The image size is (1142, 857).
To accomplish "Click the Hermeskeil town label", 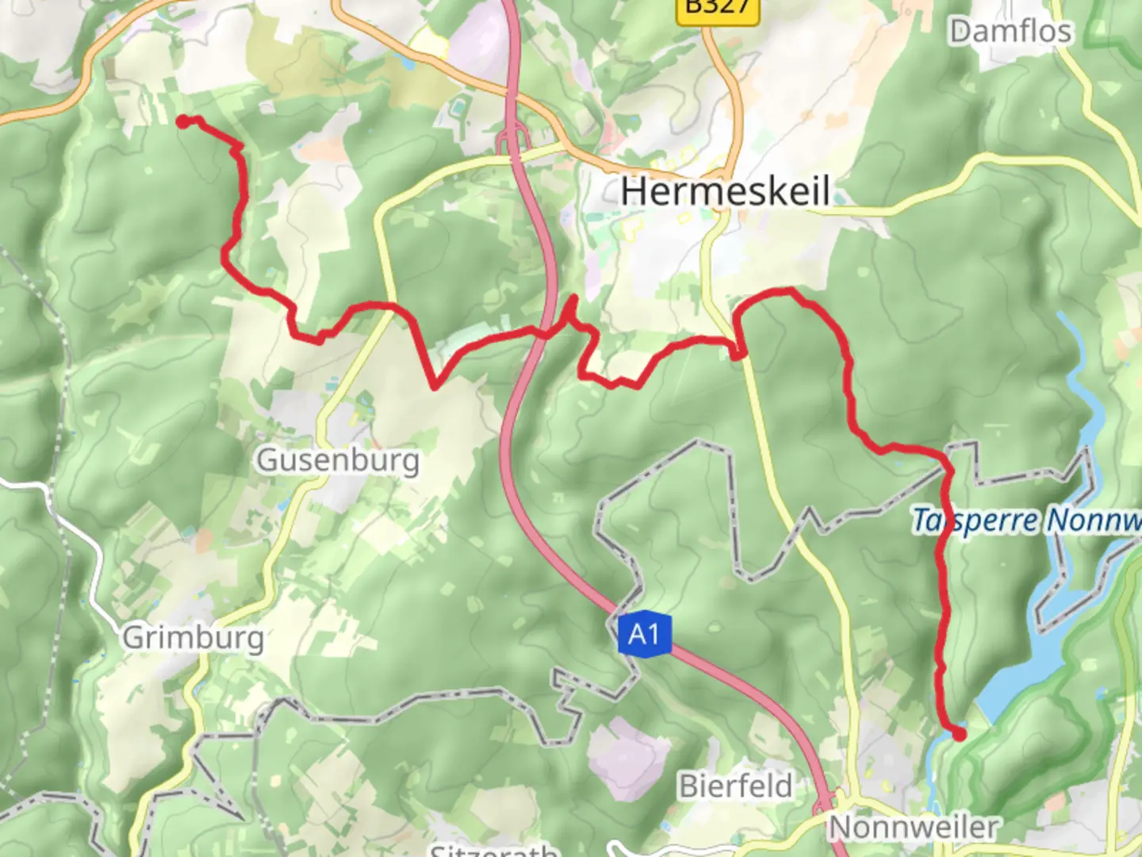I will pos(725,192).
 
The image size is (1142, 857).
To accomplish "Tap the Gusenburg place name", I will pos(338,460).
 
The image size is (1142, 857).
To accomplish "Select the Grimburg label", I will pos(194,637).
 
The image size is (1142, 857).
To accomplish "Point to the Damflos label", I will pos(1010,32).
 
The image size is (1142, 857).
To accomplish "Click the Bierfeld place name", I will pos(736,786).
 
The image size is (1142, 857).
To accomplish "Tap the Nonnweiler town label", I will pos(913,828).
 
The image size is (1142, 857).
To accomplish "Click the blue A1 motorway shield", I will pos(644,634).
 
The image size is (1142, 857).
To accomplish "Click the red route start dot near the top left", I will pos(183,121).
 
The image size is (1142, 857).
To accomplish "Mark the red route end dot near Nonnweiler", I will pos(959,734).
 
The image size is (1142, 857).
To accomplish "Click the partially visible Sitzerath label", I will pos(493,850).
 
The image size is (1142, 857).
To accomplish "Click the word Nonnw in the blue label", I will pos(1094,521).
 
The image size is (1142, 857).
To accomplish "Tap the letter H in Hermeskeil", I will pos(634,192).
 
